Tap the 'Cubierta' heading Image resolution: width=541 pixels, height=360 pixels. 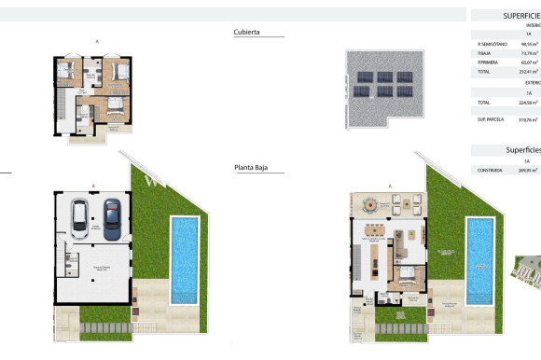click(246, 32)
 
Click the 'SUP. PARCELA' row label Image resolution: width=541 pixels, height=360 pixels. click(491, 118)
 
